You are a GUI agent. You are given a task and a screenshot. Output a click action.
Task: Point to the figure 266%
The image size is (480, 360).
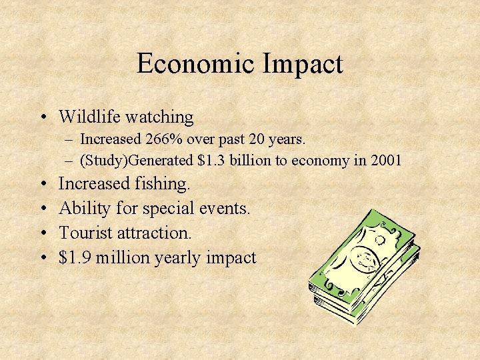point(165,139)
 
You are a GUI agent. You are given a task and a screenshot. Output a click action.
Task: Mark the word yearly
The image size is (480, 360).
point(179,258)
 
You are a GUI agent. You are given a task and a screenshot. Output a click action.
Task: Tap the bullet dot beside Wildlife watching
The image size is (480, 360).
point(42,118)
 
